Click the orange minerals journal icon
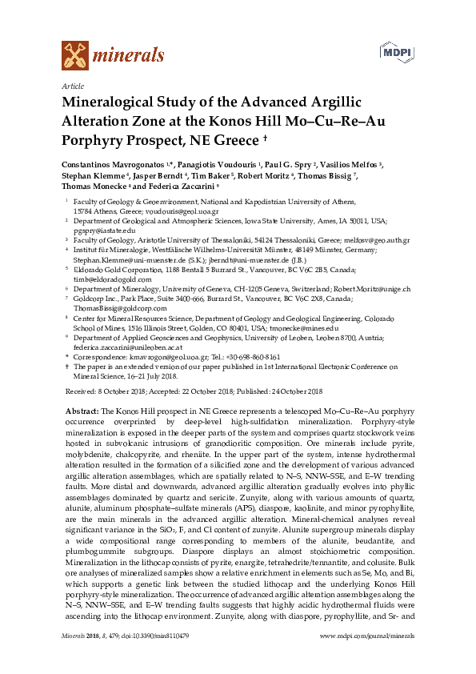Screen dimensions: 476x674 (74, 54)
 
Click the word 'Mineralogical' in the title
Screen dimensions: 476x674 (119, 103)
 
